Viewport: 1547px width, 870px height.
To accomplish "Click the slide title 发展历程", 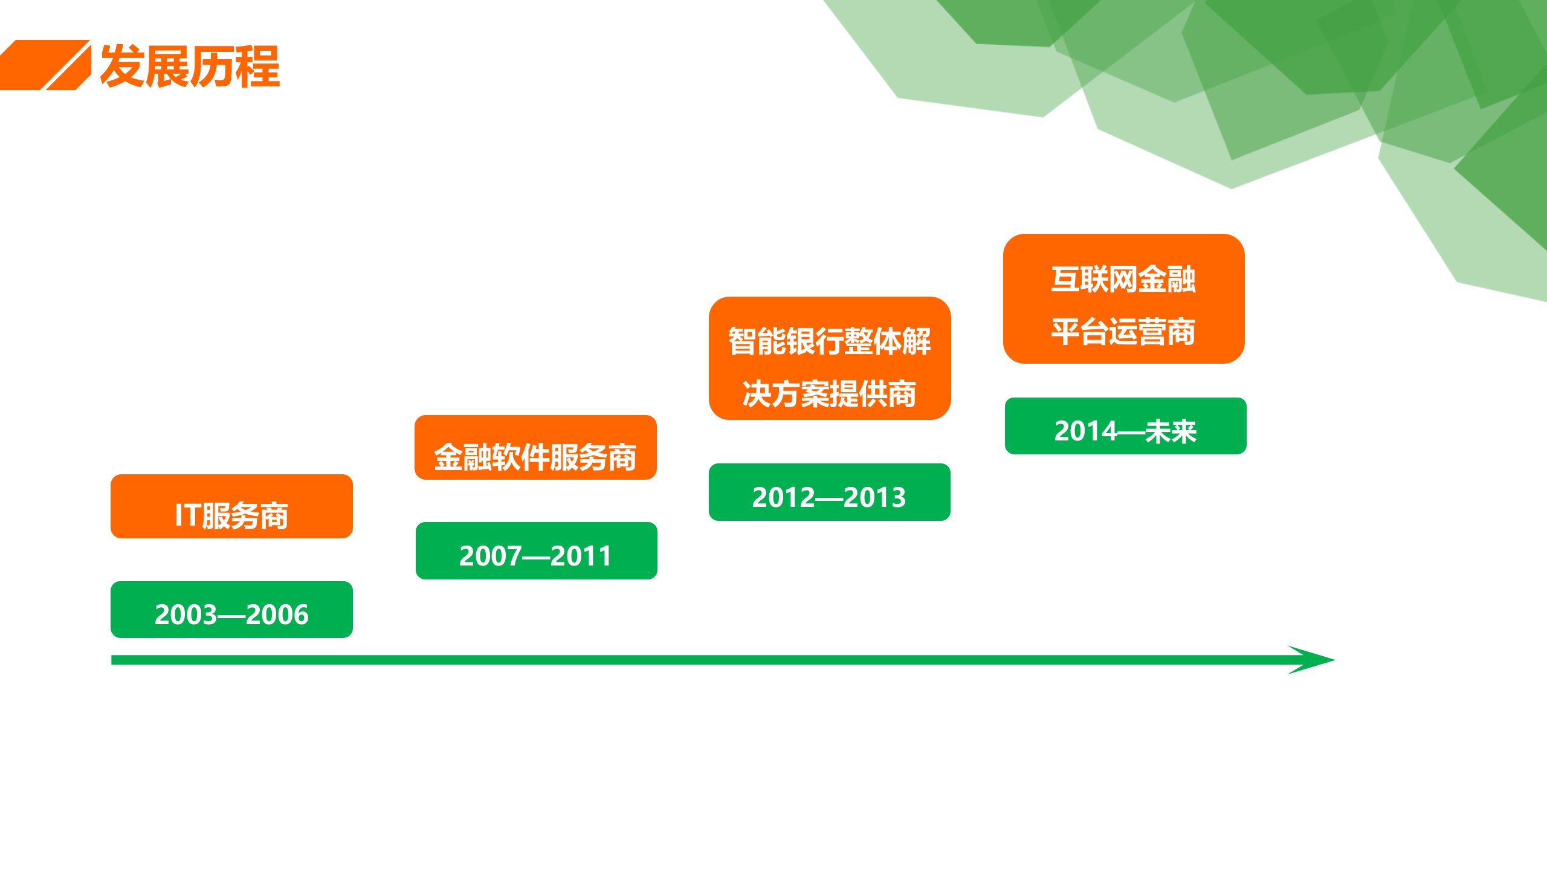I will coord(190,66).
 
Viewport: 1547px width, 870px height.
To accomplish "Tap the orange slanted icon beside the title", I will coord(46,65).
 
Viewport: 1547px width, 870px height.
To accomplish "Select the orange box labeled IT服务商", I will coord(231,506).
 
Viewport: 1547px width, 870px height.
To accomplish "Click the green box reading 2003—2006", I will coord(231,610).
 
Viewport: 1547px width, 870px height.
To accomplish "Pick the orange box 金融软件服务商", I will coord(535,448).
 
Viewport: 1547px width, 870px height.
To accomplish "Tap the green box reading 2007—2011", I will coord(536,551).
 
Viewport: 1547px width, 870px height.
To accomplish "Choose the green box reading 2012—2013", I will coord(829,492).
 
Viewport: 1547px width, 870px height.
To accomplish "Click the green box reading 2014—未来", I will coord(1125,427).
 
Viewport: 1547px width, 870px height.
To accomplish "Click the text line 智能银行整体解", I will coord(830,341).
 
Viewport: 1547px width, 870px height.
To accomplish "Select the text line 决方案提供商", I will coord(830,394).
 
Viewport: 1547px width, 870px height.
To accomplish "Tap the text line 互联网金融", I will coord(1123,279).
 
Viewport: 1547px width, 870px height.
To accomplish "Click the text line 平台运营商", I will coord(1123,332).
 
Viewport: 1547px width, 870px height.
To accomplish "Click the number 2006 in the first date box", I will coord(277,615).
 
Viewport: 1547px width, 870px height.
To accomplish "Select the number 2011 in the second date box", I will coord(581,556).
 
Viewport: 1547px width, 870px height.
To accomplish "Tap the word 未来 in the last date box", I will coord(1171,432).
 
